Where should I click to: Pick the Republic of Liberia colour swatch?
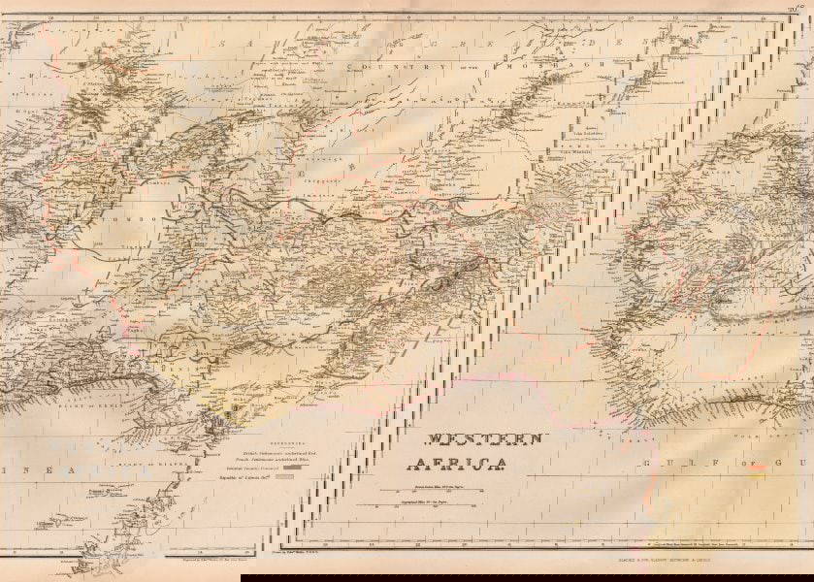(x=285, y=477)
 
